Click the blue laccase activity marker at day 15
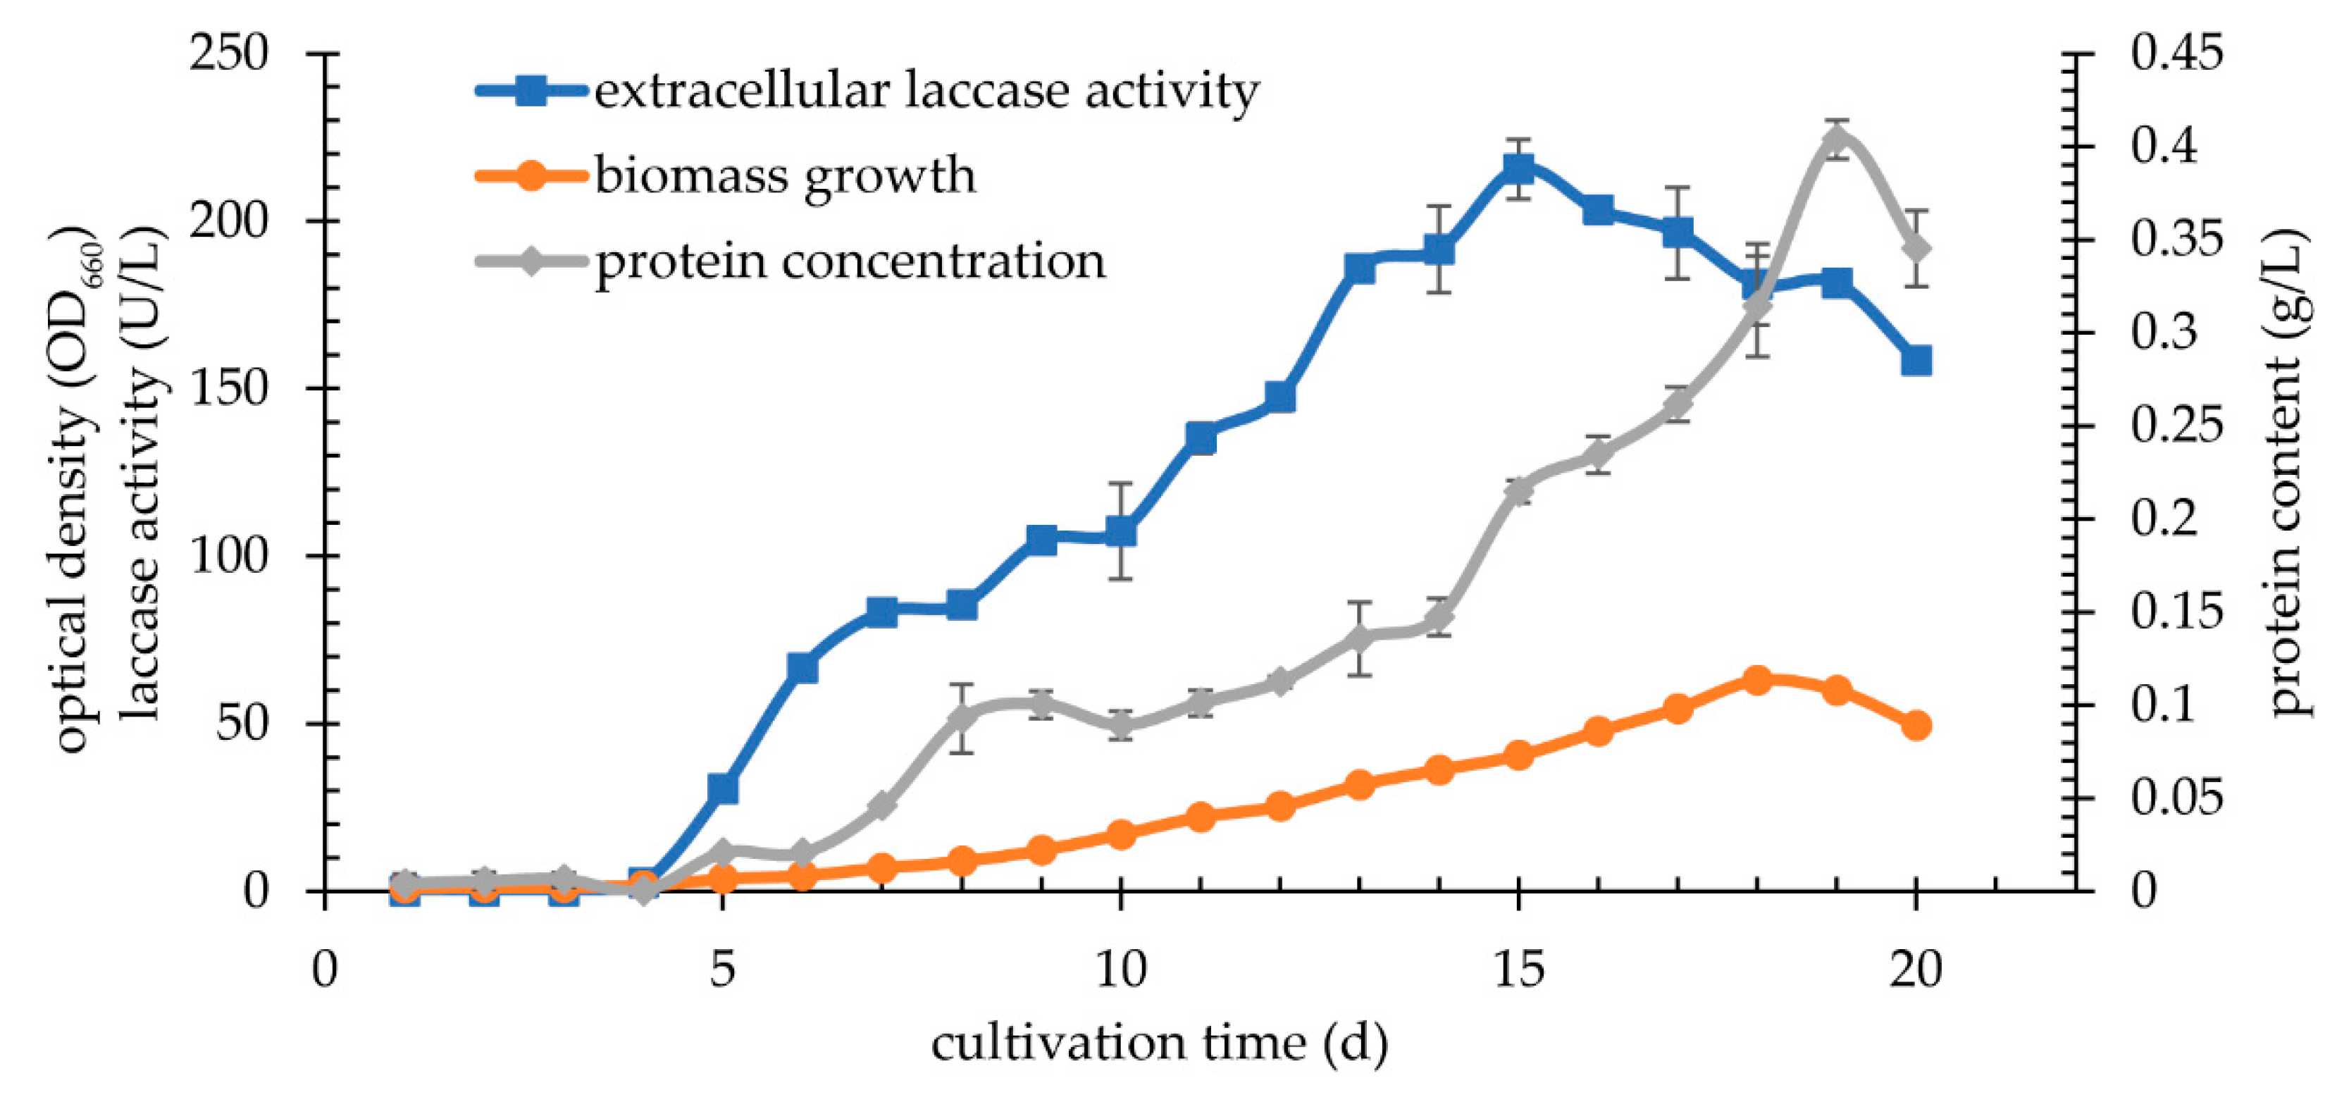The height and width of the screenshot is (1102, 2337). [1518, 168]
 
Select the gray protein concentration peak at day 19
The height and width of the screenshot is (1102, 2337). [1836, 139]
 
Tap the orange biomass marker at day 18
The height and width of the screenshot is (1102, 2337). [1757, 680]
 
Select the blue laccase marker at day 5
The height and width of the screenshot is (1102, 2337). [722, 788]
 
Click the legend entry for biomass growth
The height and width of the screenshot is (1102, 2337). [785, 175]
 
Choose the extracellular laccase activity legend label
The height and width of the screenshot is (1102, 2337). [925, 91]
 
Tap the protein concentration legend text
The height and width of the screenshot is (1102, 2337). [850, 261]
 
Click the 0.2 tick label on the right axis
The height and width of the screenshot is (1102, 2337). [2164, 518]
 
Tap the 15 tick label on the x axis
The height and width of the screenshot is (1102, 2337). [1518, 970]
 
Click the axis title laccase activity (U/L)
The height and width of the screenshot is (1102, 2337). [142, 471]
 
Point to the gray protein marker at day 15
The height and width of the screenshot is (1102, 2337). [1518, 492]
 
